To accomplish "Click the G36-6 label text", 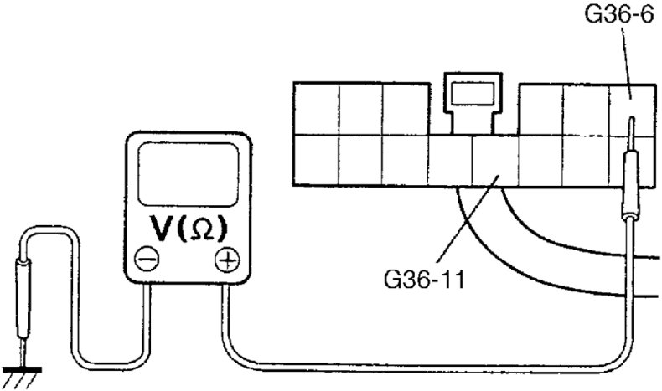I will pos(619,14).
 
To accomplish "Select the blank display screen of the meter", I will pos(186,172).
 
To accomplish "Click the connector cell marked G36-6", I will pos(630,107).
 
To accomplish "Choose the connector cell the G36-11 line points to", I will pos(495,161).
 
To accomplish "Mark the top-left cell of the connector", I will pos(317,108).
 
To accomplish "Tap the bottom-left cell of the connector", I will pos(317,161).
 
